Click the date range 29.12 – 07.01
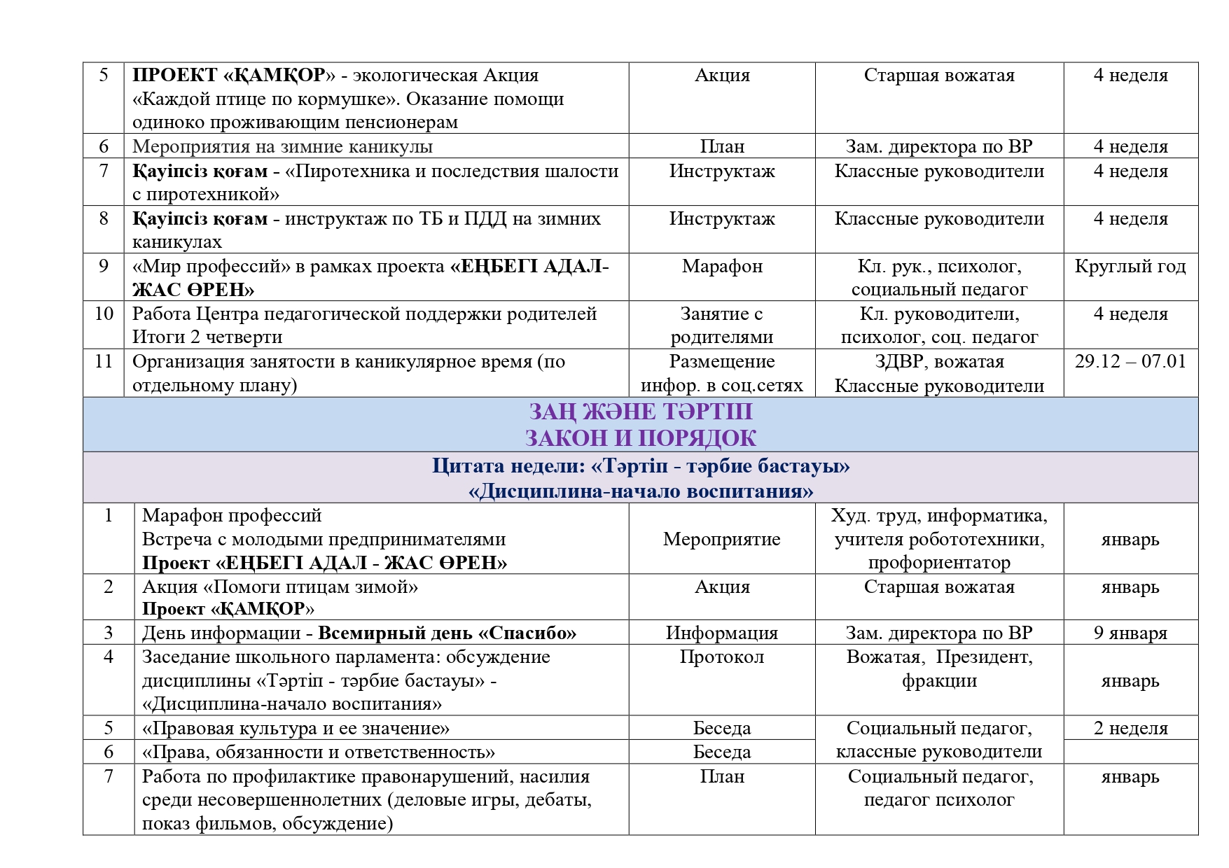click(1130, 362)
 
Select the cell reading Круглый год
click(1130, 267)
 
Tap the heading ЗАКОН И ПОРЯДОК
click(640, 438)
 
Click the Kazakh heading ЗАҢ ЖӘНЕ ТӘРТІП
click(640, 412)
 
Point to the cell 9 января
click(1130, 633)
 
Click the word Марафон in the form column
click(722, 267)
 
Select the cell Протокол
click(722, 657)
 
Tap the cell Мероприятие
click(722, 540)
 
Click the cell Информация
click(722, 633)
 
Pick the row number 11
click(104, 362)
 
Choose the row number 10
click(104, 314)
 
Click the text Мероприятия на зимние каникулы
click(282, 147)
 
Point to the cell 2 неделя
click(1130, 729)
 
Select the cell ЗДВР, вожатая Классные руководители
click(939, 374)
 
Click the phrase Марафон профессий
click(232, 516)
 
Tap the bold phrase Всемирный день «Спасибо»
click(447, 633)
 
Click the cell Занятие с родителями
click(722, 325)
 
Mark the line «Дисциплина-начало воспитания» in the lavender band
click(640, 491)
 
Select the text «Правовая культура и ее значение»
click(296, 729)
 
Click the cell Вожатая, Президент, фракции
click(939, 669)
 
